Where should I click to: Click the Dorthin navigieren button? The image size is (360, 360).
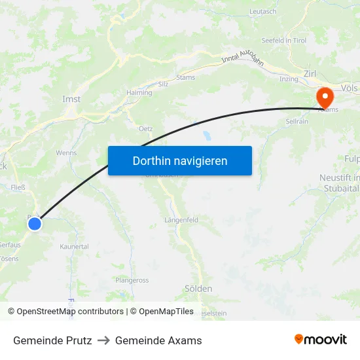[x=180, y=160]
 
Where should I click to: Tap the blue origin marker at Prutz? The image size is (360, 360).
[x=35, y=224]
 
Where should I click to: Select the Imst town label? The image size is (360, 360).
[x=71, y=99]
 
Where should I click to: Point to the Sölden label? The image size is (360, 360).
[x=198, y=288]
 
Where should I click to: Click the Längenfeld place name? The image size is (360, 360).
[x=181, y=220]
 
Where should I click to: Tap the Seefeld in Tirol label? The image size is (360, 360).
[x=283, y=40]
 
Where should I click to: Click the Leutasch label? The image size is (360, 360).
[x=263, y=12]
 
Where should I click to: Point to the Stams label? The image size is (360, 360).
[x=185, y=77]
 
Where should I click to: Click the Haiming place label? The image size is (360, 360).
[x=139, y=93]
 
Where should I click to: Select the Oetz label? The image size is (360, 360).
[x=145, y=129]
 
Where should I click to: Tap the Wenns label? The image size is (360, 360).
[x=66, y=153]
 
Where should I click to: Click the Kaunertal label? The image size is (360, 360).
[x=74, y=247]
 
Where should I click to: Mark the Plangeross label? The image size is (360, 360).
[x=132, y=280]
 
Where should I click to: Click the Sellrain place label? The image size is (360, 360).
[x=298, y=122]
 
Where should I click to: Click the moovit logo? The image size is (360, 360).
[x=320, y=340]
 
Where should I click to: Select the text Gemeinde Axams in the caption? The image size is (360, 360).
[x=158, y=340]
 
